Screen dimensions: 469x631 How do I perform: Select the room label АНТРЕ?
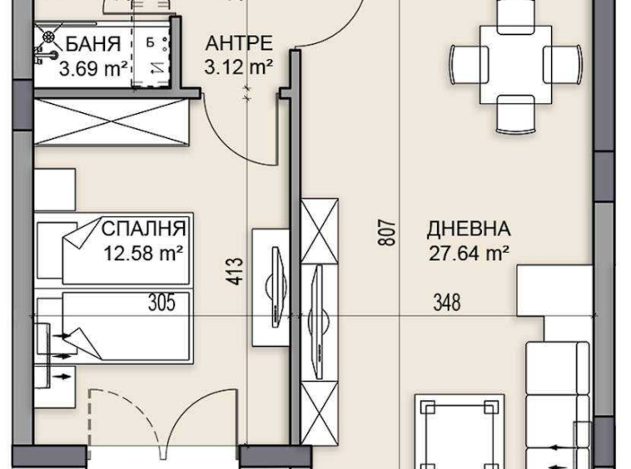point(239,42)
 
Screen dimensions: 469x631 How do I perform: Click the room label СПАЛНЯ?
point(144,228)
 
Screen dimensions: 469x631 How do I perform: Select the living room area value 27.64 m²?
point(469,253)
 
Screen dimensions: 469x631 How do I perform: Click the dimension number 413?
point(236,272)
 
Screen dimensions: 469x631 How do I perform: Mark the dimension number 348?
point(446,304)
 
